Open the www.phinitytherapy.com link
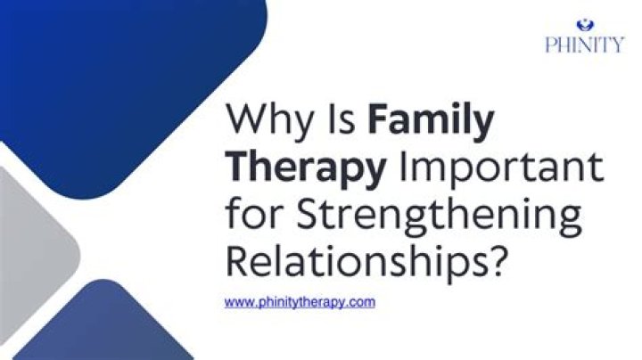point(300,302)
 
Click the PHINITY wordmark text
point(585,45)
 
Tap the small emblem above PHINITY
point(584,25)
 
